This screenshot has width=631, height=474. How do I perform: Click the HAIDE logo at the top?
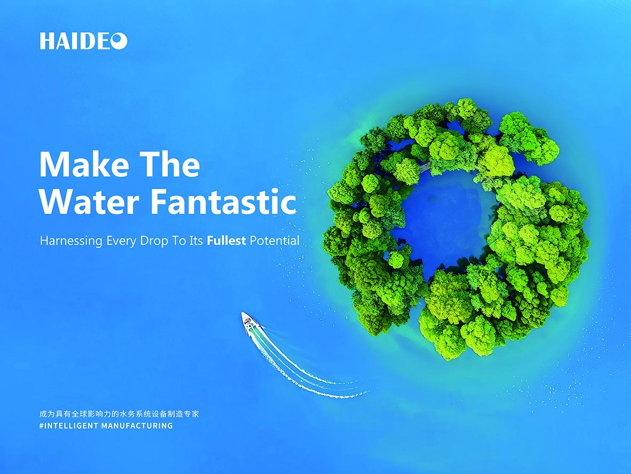[x=83, y=41]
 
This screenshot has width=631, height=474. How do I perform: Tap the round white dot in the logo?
[x=119, y=41]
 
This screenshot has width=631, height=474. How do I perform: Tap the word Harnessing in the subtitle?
[x=71, y=241]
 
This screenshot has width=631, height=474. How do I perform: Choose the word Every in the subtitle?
[x=121, y=241]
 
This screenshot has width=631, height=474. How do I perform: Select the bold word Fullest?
[x=226, y=240]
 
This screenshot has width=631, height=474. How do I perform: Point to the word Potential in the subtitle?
[x=275, y=240]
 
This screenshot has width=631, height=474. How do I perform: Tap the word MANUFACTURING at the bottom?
[x=137, y=426]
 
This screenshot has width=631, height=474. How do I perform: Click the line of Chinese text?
[x=119, y=414]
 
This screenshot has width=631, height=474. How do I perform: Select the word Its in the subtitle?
[x=196, y=240]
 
